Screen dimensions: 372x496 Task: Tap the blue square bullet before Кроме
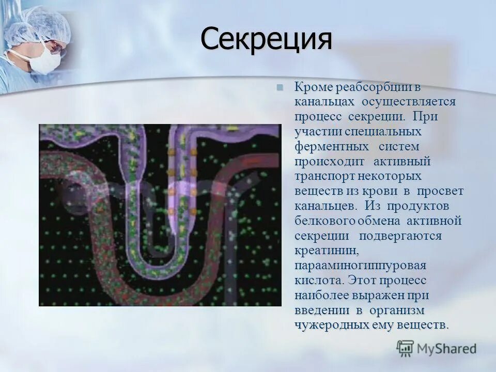pyautogui.click(x=280, y=87)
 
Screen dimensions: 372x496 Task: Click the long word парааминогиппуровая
pyautogui.click(x=360, y=266)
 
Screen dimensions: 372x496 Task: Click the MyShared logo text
pyautogui.click(x=447, y=348)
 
